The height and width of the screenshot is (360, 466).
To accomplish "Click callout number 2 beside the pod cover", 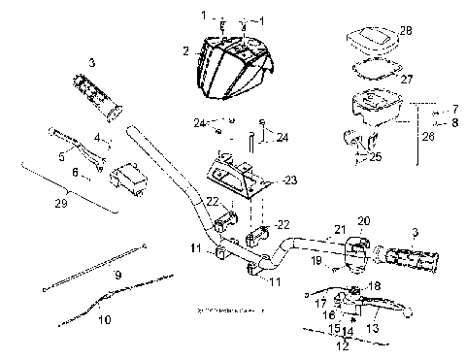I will (x=183, y=49).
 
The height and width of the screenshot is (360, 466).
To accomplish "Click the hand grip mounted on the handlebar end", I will (x=411, y=259).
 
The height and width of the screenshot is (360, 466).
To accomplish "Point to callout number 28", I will (x=405, y=31).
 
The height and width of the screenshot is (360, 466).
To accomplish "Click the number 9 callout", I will (x=116, y=277).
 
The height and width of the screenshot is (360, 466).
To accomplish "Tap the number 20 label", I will (x=364, y=221).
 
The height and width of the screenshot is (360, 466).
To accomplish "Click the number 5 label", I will (x=61, y=154).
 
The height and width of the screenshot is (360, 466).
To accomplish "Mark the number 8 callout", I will (x=454, y=123).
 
